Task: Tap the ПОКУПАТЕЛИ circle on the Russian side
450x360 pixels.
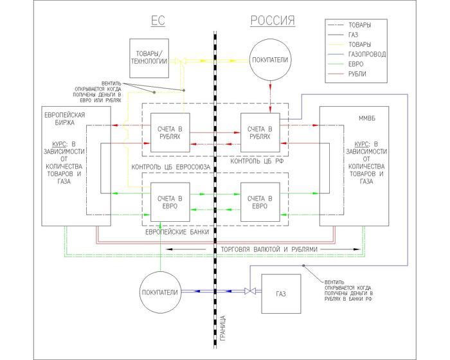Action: click(x=271, y=60)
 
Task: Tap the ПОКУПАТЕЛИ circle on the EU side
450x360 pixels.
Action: click(x=159, y=291)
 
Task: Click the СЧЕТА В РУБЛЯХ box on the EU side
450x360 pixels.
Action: click(x=170, y=133)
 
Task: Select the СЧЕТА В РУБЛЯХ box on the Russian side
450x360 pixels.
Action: click(x=260, y=133)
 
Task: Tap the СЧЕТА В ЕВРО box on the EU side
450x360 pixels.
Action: click(x=170, y=202)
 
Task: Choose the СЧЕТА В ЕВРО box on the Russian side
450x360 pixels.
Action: click(x=260, y=202)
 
